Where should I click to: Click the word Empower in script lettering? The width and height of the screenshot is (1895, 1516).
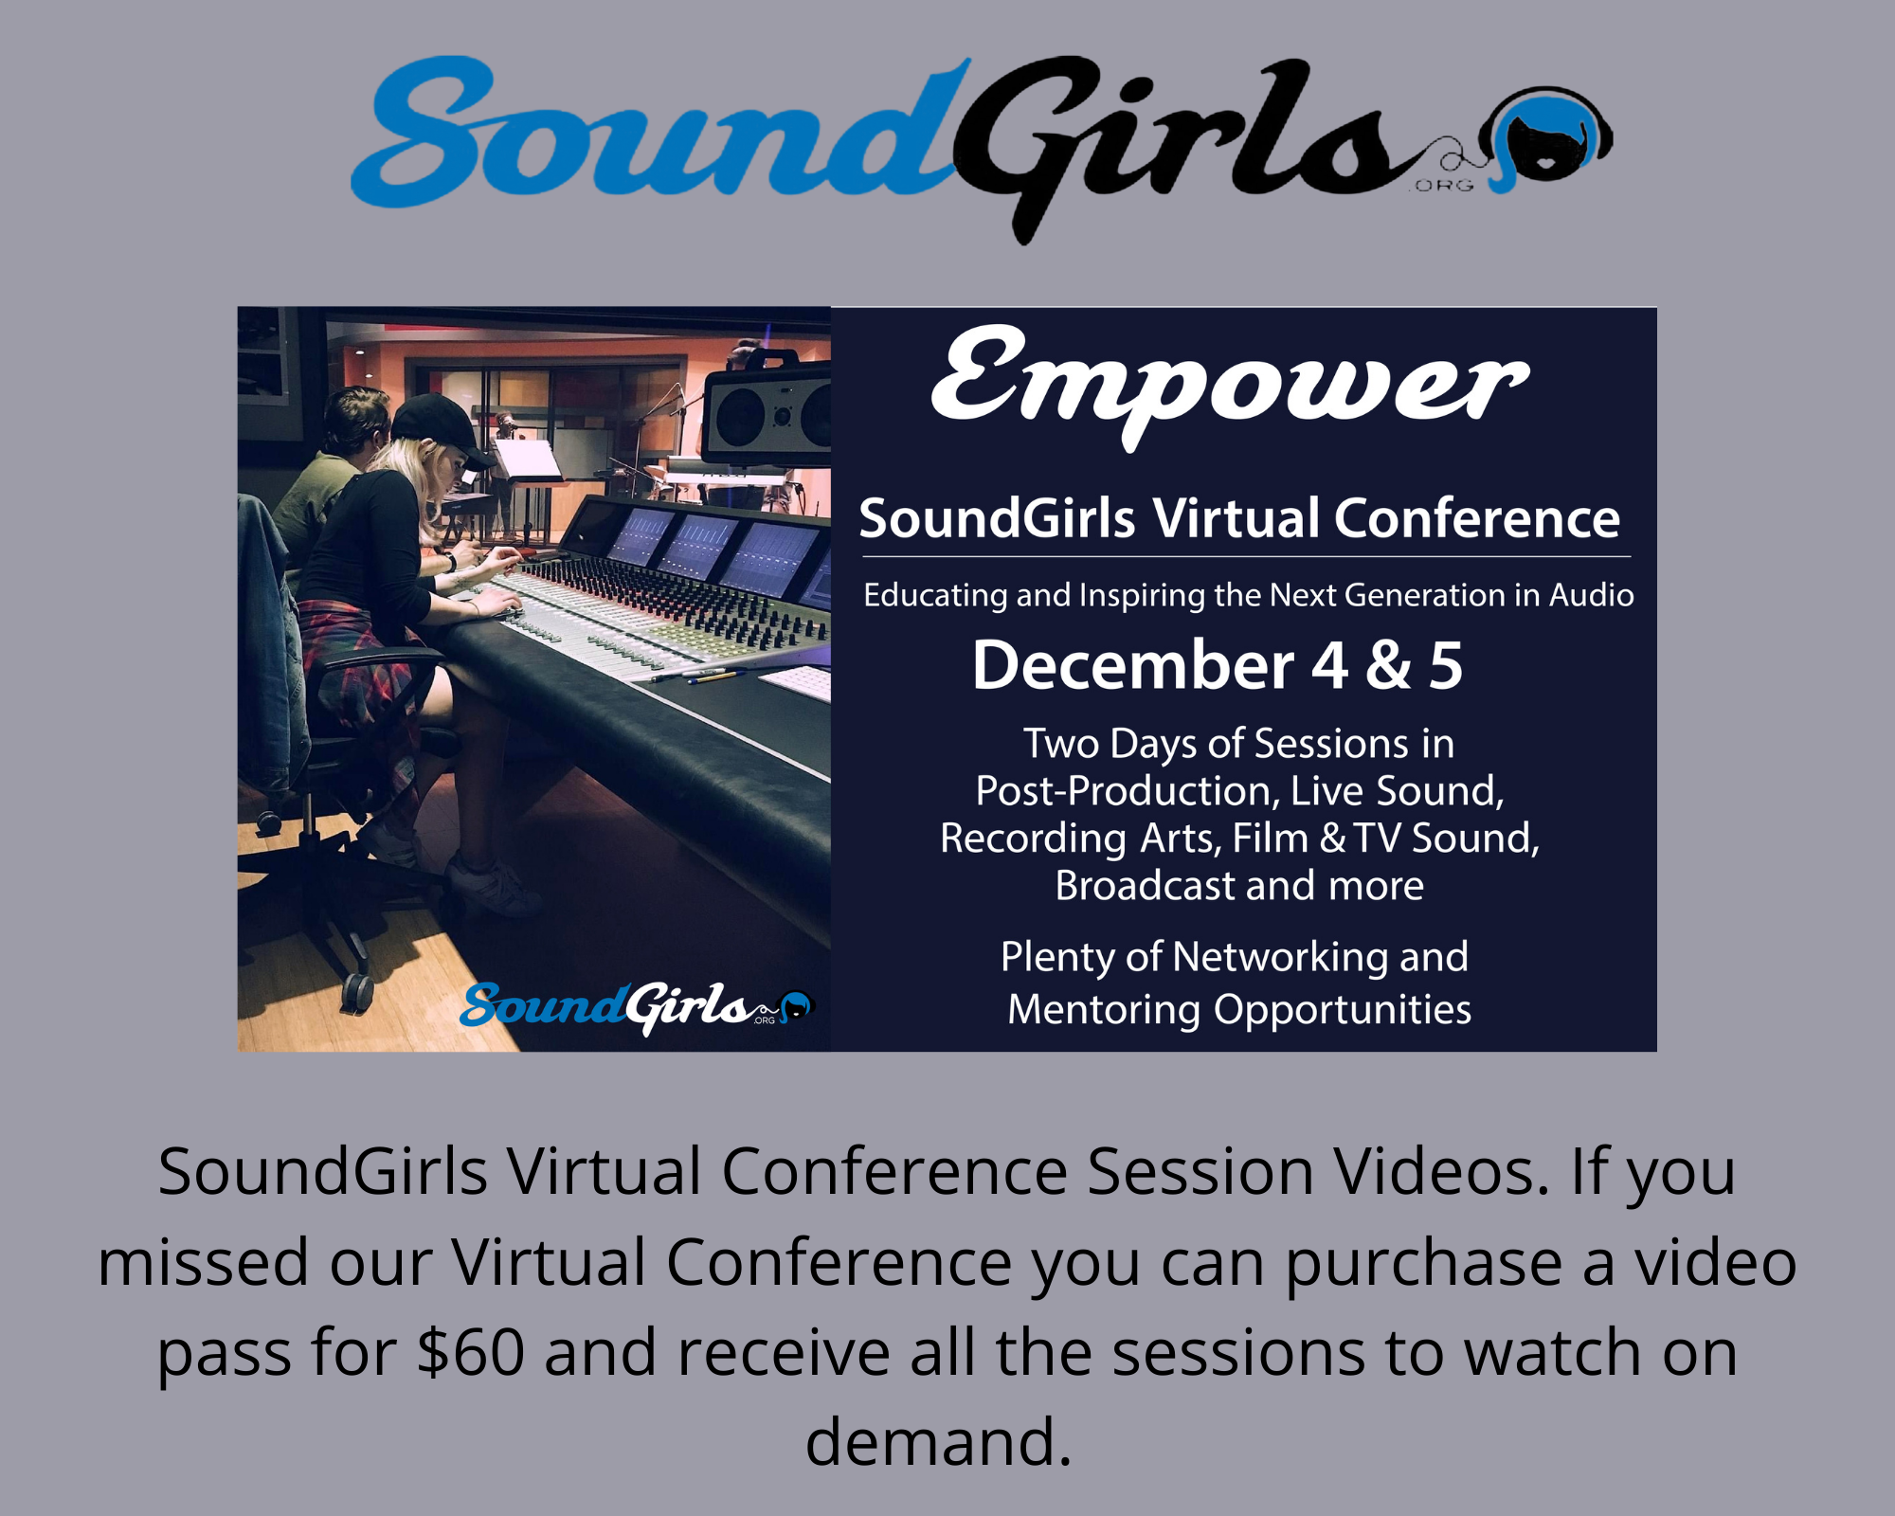[x=1229, y=384]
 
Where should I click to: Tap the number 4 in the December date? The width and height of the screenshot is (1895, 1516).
[x=1329, y=665]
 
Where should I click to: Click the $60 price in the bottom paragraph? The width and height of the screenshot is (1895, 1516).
[x=470, y=1352]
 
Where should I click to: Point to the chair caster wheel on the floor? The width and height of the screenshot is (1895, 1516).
[x=357, y=991]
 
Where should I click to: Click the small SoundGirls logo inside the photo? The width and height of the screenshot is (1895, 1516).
[x=636, y=1007]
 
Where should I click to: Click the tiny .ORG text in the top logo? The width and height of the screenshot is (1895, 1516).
[x=1442, y=186]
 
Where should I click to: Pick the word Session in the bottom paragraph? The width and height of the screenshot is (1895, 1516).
[x=1200, y=1172]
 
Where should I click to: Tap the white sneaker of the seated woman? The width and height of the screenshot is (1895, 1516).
[x=489, y=885]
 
